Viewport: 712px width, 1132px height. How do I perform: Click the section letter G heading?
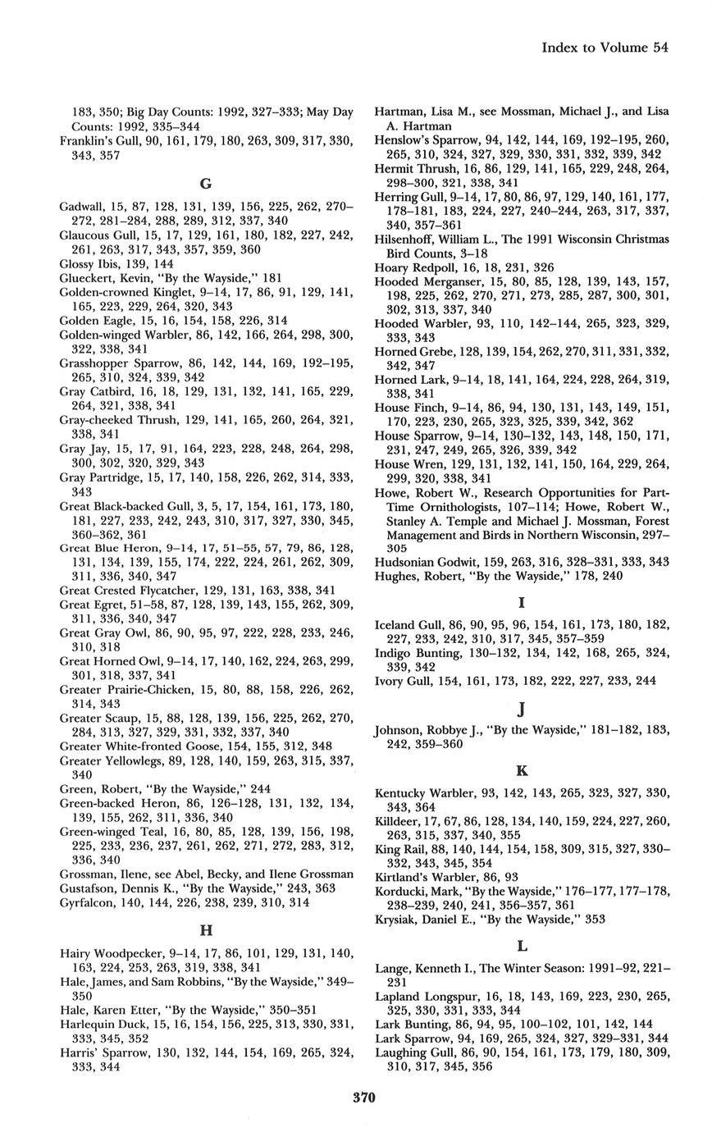(207, 184)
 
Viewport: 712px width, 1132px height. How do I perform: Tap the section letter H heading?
(207, 930)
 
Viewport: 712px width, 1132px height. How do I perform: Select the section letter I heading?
(522, 603)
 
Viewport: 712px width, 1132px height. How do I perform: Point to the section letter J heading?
(522, 708)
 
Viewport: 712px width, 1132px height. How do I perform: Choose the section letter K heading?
(522, 771)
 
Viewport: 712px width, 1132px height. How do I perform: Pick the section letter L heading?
(522, 946)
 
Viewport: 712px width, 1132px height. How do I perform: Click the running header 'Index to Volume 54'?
(605, 48)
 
